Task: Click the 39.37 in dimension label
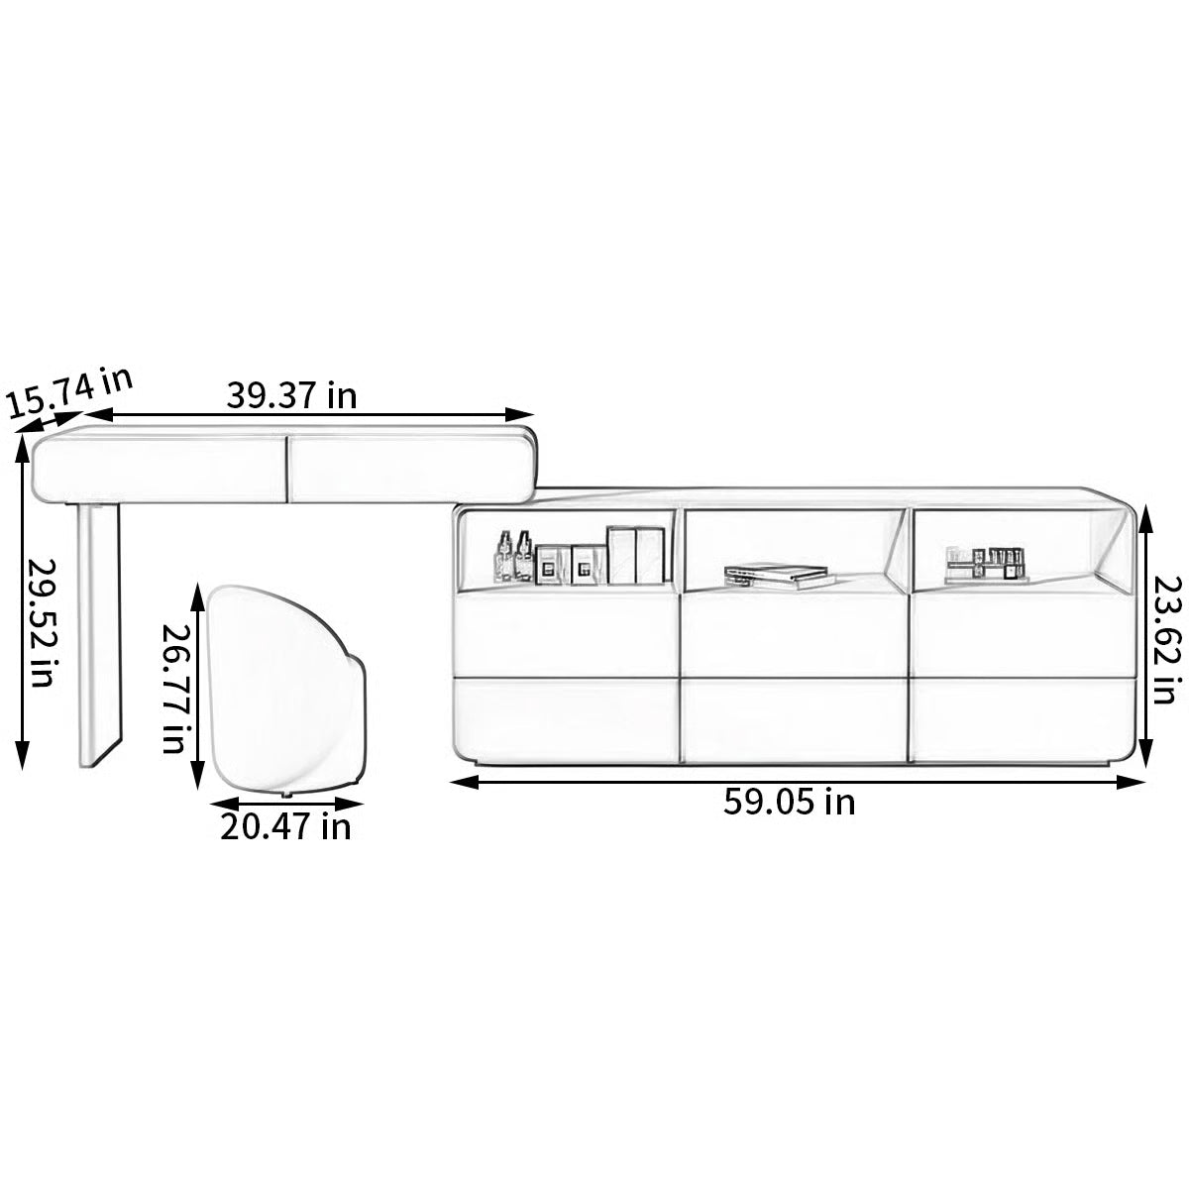pos(291,395)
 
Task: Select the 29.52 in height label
pos(42,623)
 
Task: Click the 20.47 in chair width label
pos(285,826)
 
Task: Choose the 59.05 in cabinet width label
pos(789,803)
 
